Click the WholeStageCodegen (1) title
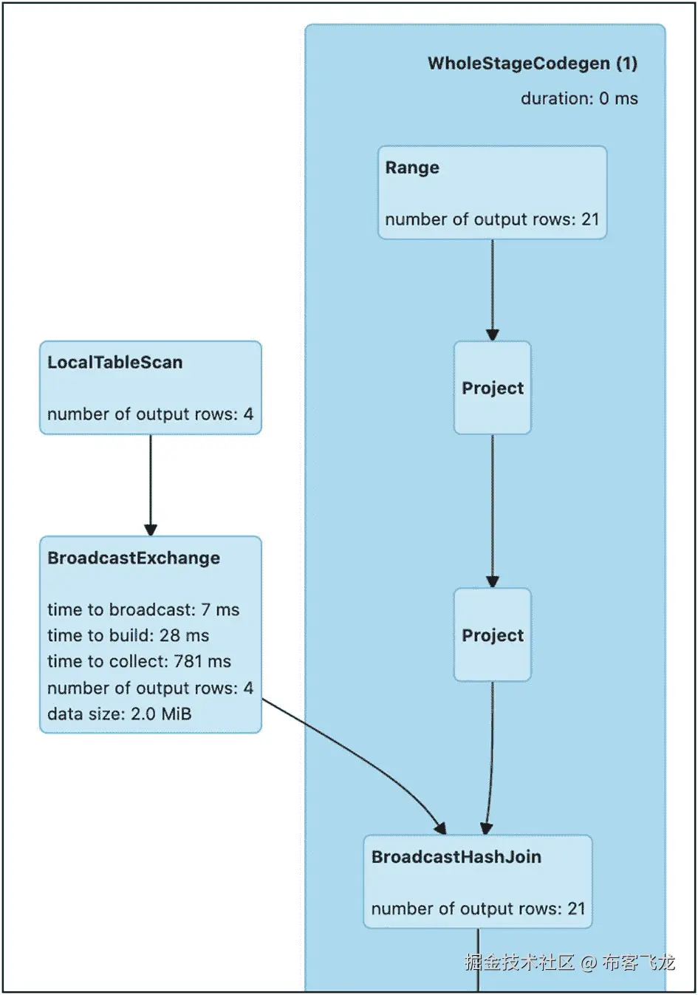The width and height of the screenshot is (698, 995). pos(533,64)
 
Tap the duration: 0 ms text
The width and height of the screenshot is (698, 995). pos(579,98)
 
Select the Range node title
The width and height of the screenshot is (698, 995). pos(412,168)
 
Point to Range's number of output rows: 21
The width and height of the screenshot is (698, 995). pos(492,219)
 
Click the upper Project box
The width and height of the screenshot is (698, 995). pos(492,387)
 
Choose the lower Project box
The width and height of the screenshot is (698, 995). pos(492,635)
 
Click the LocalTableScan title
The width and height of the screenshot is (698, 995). pos(115,363)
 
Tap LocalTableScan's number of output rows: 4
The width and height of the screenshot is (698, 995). pos(150,414)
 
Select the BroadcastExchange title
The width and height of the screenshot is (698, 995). pos(134,558)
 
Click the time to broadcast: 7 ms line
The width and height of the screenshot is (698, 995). pos(143,610)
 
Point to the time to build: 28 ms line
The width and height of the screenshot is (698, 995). pos(128,636)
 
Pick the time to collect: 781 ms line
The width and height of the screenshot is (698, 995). pos(139,661)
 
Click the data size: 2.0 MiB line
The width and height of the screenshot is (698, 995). pos(119,714)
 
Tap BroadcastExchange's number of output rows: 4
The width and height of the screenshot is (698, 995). pos(150,688)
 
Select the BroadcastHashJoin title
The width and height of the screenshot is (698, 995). pos(456,857)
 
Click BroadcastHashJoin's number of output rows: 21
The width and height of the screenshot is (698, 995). pos(478,909)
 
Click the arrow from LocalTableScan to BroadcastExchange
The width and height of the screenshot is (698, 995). pos(151,485)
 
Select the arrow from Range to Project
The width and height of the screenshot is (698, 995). pos(492,290)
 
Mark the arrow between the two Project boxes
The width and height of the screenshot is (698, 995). pos(492,511)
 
